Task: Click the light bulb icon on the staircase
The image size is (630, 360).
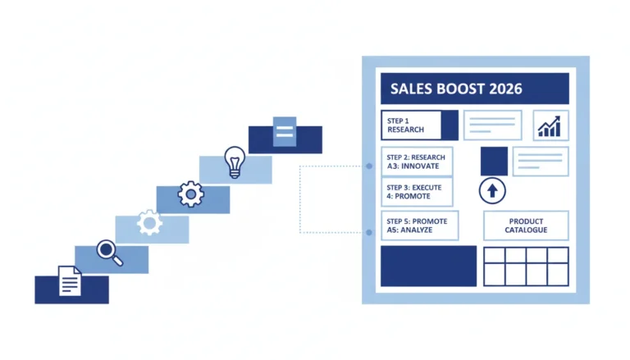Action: coord(235,162)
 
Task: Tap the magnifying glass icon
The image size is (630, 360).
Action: coord(109,253)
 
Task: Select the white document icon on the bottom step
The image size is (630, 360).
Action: coord(70,280)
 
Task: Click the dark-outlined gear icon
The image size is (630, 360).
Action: coord(191,194)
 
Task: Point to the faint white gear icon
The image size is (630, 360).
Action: coord(149,222)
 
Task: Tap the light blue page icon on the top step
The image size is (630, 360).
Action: coord(285,131)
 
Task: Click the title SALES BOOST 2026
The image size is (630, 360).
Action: coord(456,89)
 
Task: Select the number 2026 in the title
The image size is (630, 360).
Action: coord(505,89)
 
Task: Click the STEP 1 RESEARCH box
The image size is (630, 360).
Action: coord(419,125)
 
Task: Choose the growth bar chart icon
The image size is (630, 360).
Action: coord(550,126)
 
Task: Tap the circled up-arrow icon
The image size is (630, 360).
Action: coord(492,191)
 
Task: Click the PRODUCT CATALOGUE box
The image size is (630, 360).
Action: coord(526,226)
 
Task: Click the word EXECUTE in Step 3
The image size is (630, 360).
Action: coord(427,188)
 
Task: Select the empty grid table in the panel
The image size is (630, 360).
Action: coord(526,267)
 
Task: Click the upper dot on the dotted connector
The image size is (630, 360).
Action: coord(369,166)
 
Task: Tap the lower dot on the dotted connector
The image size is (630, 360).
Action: coord(369,232)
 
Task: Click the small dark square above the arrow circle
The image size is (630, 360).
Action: coord(494,162)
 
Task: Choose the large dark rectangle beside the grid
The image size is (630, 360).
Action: coord(429,266)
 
